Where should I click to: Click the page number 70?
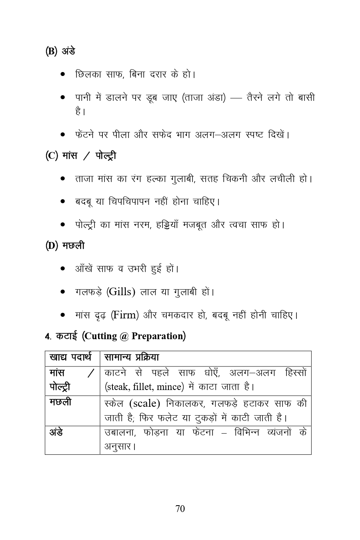pyautogui.click(x=180, y=508)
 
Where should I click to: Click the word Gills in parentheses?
pyautogui.click(x=120, y=292)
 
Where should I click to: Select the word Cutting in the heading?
pyautogui.click(x=101, y=336)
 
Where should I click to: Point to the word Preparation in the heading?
pyautogui.click(x=157, y=336)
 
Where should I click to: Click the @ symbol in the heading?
pyautogui.click(x=124, y=336)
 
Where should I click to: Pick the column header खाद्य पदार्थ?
pyautogui.click(x=70, y=357)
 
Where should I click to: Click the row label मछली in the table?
pyautogui.click(x=60, y=402)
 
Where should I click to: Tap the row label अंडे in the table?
pyautogui.click(x=56, y=432)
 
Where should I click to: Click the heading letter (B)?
pyautogui.click(x=52, y=51)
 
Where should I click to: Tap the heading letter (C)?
pyautogui.click(x=52, y=155)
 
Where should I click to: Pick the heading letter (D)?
pyautogui.click(x=52, y=245)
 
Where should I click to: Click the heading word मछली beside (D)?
pyautogui.click(x=73, y=245)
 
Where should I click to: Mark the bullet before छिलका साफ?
pyautogui.click(x=63, y=74)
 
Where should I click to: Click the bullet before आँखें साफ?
pyautogui.click(x=63, y=269)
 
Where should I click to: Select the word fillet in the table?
pyautogui.click(x=140, y=387)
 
